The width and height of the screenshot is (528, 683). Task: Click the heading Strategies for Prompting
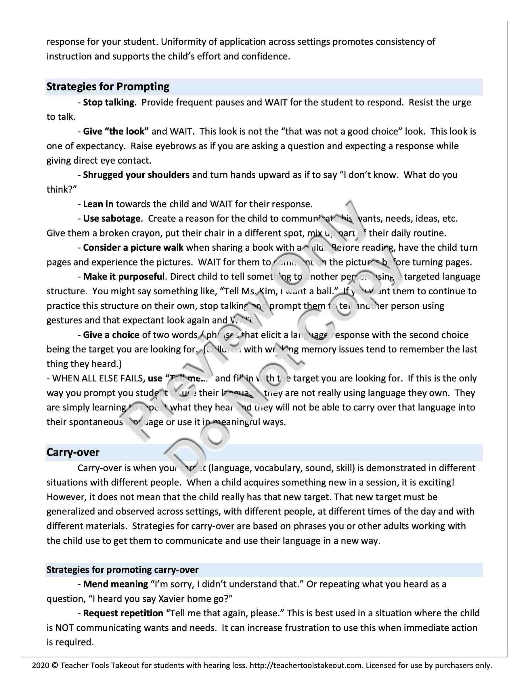point(108,87)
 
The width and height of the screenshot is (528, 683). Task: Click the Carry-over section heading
point(72,452)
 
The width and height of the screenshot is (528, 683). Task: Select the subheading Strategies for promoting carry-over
point(122,569)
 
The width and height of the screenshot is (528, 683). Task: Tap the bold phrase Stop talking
point(108,102)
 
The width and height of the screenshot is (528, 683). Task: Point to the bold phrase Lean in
point(98,204)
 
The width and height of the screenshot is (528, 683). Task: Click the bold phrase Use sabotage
point(112,218)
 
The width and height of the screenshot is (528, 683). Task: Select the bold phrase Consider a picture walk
point(133,248)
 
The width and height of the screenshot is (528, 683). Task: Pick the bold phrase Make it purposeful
point(124,277)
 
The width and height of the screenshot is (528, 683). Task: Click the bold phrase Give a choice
point(111,335)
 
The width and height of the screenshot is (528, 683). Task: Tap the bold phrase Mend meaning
point(115,584)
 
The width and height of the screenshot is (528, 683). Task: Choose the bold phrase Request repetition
point(123,613)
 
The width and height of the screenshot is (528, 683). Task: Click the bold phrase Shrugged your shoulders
point(136,174)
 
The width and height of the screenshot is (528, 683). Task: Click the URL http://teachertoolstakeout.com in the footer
point(306,665)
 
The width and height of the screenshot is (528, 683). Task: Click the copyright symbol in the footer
point(54,665)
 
